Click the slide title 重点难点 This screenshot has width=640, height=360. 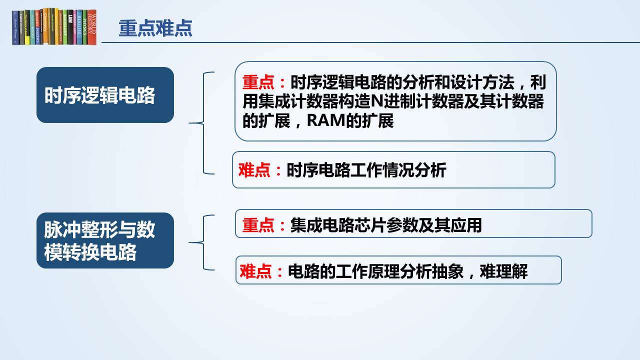pyautogui.click(x=155, y=28)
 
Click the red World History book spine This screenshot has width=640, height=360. pyautogui.click(x=92, y=27)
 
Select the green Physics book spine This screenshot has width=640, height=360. pyautogui.click(x=84, y=27)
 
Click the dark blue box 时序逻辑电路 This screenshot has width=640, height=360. pyautogui.click(x=105, y=95)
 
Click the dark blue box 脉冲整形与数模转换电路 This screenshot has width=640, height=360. pyautogui.click(x=105, y=240)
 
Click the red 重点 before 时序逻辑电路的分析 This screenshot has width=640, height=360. pyautogui.click(x=258, y=82)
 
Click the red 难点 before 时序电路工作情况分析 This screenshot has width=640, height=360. pyautogui.click(x=254, y=170)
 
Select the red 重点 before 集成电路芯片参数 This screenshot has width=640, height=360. pyautogui.click(x=258, y=225)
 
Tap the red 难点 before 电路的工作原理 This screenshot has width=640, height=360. pyautogui.click(x=255, y=271)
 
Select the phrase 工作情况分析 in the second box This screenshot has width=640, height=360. pyautogui.click(x=398, y=170)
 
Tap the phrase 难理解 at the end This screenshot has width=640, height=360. pyautogui.click(x=503, y=271)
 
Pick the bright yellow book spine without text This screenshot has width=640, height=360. pyautogui.click(x=27, y=27)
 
